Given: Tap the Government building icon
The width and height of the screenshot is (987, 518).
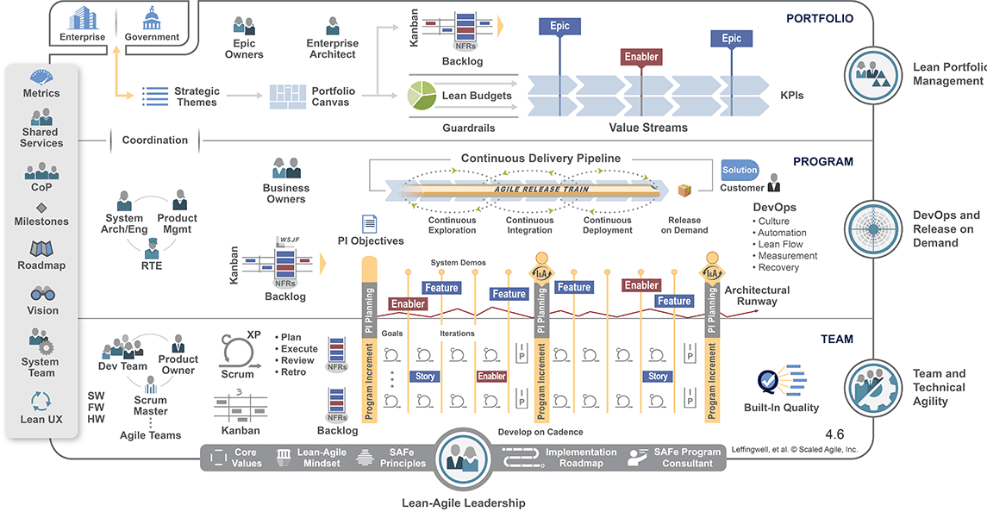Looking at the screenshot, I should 152,17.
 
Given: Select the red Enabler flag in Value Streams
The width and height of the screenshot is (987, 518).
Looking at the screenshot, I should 640,57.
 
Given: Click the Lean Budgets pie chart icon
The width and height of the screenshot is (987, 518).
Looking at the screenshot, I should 421,95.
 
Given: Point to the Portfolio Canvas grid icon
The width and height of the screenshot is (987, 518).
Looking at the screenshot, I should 287,97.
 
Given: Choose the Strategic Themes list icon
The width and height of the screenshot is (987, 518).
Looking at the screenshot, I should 155,97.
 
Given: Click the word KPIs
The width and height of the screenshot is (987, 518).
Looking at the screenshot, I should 792,96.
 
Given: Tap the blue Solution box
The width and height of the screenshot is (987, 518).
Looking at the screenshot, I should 740,171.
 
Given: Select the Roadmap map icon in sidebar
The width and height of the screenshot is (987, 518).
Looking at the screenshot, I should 41,250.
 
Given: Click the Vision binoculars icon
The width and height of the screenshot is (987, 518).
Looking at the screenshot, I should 42,294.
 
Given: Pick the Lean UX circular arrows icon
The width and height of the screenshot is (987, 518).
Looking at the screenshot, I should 41,402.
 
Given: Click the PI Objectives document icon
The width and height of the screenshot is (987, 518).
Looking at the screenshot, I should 370,224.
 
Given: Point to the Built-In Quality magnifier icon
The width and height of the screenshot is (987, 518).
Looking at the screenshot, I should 767,381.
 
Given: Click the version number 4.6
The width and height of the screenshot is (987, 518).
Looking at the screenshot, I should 834,434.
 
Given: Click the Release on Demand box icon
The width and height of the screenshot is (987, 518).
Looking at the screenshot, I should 684,190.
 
